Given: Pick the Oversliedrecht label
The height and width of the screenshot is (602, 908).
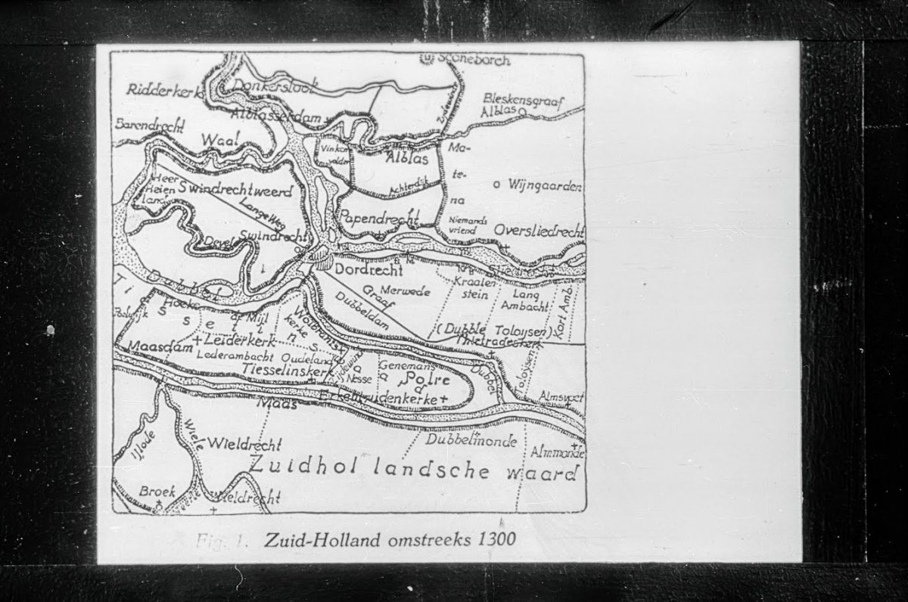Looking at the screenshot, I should (x=539, y=230).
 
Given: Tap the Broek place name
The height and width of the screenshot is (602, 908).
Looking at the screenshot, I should (x=157, y=492).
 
